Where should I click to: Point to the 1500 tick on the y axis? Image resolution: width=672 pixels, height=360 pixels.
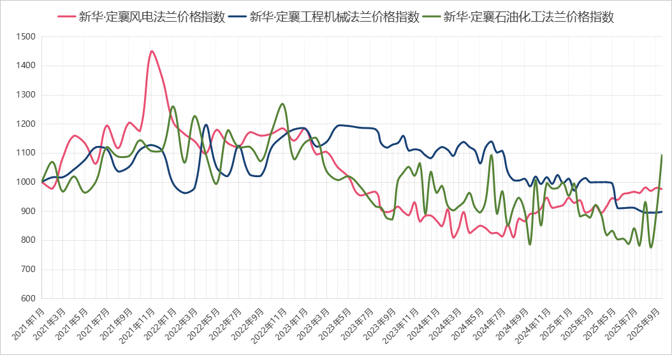pos(27,37)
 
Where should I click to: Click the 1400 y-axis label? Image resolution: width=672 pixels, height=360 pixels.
pos(27,66)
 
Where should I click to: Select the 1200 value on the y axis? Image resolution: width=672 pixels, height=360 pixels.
pos(27,124)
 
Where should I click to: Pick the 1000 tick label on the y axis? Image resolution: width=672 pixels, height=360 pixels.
pos(27,182)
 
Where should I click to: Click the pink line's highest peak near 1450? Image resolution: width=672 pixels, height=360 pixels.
pos(151,51)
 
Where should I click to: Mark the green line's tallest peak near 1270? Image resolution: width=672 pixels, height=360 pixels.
pos(282,103)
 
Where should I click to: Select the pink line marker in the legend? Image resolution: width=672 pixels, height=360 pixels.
pos(66,17)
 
